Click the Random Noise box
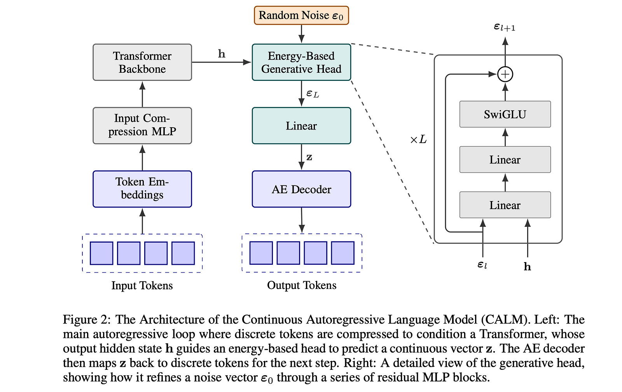(x=301, y=15)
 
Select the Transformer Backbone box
(x=142, y=62)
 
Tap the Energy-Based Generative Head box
(x=301, y=62)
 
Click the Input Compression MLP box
(x=142, y=125)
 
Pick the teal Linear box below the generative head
(x=301, y=126)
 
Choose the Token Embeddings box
(x=142, y=189)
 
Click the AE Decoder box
(x=301, y=189)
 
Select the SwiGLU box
(x=505, y=114)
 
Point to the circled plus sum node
(x=505, y=74)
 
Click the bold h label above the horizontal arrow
(x=222, y=54)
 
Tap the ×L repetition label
(x=418, y=139)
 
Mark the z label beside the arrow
(x=309, y=157)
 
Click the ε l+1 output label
(x=504, y=27)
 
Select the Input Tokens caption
(x=142, y=285)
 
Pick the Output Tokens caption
(x=302, y=285)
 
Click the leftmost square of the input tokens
(x=101, y=253)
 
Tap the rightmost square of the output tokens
(x=342, y=253)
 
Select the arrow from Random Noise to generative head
(x=301, y=34)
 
